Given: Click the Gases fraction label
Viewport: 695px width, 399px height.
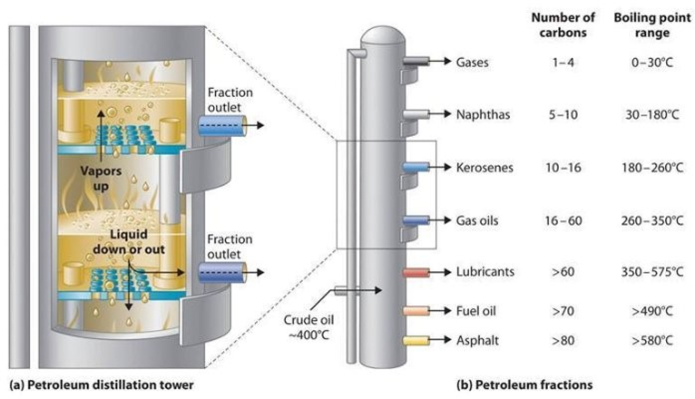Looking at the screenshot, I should pos(472,62).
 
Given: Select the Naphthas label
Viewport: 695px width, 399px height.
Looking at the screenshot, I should pos(483,114).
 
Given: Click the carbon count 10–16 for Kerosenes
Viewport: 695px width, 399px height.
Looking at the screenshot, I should pos(563,168).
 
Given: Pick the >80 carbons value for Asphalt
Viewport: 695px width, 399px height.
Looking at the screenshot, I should pos(563,340).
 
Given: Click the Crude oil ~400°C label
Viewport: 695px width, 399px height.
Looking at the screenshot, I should pos(307,325).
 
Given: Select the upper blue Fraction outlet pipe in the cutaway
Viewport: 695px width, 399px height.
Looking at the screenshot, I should pos(222,125).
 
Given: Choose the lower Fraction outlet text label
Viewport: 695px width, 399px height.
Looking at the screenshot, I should pos(230,246).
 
